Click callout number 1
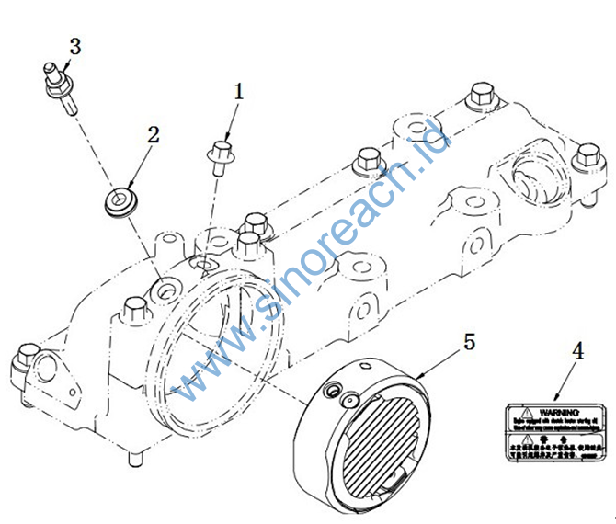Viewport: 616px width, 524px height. click(239, 92)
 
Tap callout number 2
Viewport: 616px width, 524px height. click(154, 134)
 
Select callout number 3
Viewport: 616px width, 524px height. click(74, 46)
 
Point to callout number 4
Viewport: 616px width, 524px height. click(577, 350)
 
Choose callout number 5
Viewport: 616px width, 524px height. click(469, 342)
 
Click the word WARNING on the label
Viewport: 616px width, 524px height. click(559, 411)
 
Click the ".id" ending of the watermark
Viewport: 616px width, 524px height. click(433, 147)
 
